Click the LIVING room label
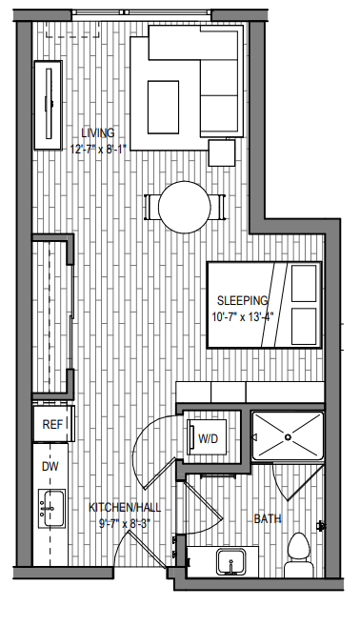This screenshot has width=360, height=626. pos(98,133)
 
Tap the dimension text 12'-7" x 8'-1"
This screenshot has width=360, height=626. pos(98,150)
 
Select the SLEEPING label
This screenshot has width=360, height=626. pos(242,300)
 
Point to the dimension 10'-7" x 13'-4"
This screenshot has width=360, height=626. pos(242,318)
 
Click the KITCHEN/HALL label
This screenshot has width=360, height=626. pos(125,508)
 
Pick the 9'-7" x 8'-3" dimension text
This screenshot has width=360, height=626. pos(124,523)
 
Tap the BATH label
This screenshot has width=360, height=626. pos(268,518)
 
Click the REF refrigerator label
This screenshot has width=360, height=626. pos(52,424)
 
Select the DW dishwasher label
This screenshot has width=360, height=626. pos(50,466)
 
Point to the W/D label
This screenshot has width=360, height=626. pos(209,438)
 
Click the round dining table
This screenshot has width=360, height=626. pos(185,207)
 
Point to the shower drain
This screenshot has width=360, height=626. pos(288,437)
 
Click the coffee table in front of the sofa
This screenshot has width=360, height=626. pos(163,107)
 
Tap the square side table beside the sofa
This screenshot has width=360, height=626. pos(222,152)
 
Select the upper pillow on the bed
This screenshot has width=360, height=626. pos(304,283)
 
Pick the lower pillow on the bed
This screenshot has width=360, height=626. pos(304,326)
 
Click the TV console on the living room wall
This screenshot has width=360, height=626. pos(48,105)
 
